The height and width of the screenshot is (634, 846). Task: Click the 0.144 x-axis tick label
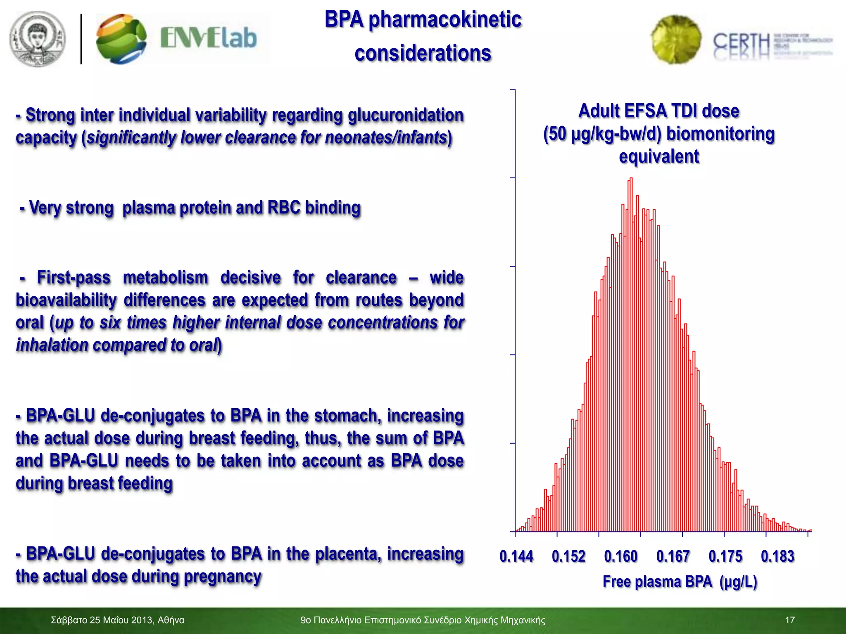point(516,556)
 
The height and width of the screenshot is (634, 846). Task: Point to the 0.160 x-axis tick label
point(620,556)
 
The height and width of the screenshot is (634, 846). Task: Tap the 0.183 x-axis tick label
point(777,556)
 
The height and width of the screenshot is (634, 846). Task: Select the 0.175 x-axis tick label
point(725,556)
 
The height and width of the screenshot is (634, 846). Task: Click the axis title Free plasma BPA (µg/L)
point(680,582)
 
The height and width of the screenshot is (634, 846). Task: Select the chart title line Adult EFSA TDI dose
point(658,111)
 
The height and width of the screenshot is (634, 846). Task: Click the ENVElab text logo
point(208,38)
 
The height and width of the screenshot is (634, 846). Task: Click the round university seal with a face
point(38,39)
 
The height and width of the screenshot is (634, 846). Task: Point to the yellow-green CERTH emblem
point(676,40)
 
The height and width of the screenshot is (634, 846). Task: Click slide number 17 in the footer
point(789,620)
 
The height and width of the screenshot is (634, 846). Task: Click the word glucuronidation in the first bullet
point(406,115)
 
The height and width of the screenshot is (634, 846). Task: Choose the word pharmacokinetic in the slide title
point(445,20)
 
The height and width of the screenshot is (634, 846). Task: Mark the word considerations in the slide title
point(423,54)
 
